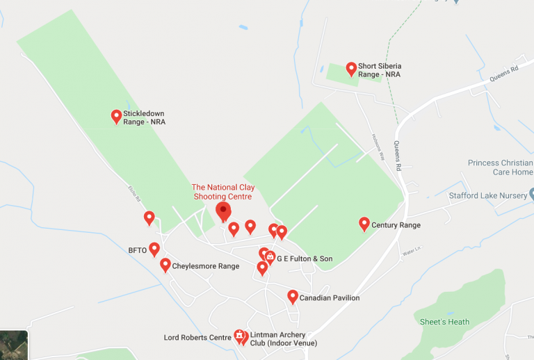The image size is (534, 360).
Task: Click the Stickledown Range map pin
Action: [117, 116]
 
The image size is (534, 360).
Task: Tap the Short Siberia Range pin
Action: [351, 68]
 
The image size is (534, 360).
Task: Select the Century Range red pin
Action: [364, 223]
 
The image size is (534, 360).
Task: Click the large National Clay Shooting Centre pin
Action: [223, 210]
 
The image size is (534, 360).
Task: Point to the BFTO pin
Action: [154, 249]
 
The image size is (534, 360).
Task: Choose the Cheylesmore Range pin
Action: [165, 265]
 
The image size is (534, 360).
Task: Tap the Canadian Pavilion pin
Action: [293, 297]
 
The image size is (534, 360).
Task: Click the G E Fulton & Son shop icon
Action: [270, 257]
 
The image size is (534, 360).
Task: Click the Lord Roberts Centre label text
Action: [197, 338]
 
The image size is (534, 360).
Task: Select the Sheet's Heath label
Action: [444, 322]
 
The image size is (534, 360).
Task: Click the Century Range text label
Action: [396, 225]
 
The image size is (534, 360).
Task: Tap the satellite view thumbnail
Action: [14, 345]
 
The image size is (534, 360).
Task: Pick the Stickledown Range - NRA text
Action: [144, 117]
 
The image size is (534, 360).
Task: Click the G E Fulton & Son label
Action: [305, 259]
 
